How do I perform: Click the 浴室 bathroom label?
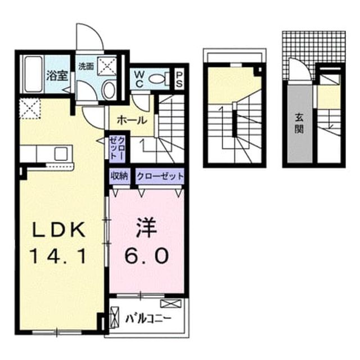pyautogui.click(x=57, y=76)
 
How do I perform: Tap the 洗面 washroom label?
pyautogui.click(x=86, y=66)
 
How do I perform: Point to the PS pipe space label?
pyautogui.click(x=179, y=80)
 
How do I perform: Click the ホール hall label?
pyautogui.click(x=132, y=120)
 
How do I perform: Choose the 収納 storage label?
pyautogui.click(x=120, y=176)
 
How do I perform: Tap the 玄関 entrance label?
pyautogui.click(x=299, y=124)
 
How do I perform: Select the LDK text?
pyautogui.click(x=58, y=230)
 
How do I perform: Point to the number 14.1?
pyautogui.click(x=58, y=256)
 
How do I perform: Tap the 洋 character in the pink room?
pyautogui.click(x=146, y=228)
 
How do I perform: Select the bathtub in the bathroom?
pyautogui.click(x=34, y=74)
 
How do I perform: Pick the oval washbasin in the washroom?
pyautogui.click(x=109, y=90)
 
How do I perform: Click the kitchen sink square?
pyautogui.click(x=61, y=154)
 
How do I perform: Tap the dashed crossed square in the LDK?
pyautogui.click(x=30, y=109)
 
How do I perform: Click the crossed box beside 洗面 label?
pyautogui.click(x=107, y=66)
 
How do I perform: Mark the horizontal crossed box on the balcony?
pyautogui.click(x=170, y=304)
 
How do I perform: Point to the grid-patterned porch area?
pyautogui.click(x=314, y=47)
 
